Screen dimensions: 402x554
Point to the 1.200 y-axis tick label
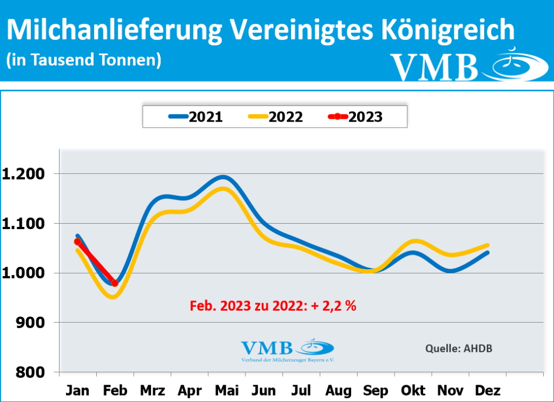25,174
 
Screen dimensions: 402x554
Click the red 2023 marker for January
78,242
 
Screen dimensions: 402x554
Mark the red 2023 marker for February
115,283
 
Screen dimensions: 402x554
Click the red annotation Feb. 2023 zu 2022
273,306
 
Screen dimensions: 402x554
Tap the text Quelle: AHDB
459,348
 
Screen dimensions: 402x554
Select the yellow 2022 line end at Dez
488,245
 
